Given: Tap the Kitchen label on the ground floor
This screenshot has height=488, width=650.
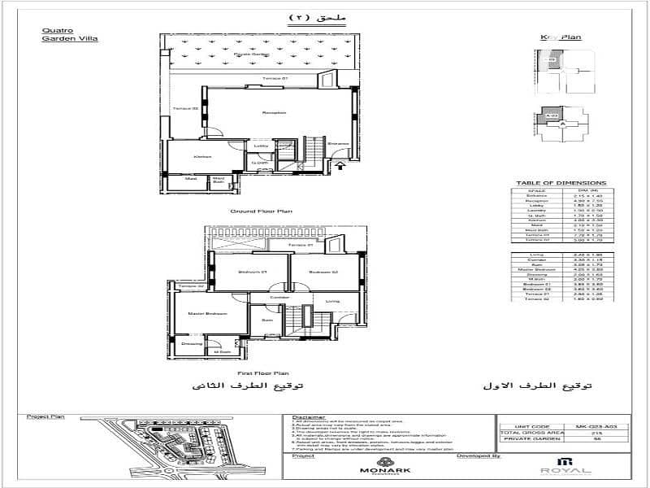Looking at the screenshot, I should pyautogui.click(x=202, y=156).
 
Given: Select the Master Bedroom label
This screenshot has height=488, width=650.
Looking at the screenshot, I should pyautogui.click(x=206, y=313).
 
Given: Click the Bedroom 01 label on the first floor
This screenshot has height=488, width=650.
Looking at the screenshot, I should pyautogui.click(x=248, y=272).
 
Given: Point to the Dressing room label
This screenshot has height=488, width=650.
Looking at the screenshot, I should pyautogui.click(x=191, y=344).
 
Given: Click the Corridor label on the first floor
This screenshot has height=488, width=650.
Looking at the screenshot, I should pyautogui.click(x=280, y=297).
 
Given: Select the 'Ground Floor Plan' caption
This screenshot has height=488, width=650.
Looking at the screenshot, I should pyautogui.click(x=261, y=210).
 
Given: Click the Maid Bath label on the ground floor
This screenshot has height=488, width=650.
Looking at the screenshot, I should pyautogui.click(x=218, y=181).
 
